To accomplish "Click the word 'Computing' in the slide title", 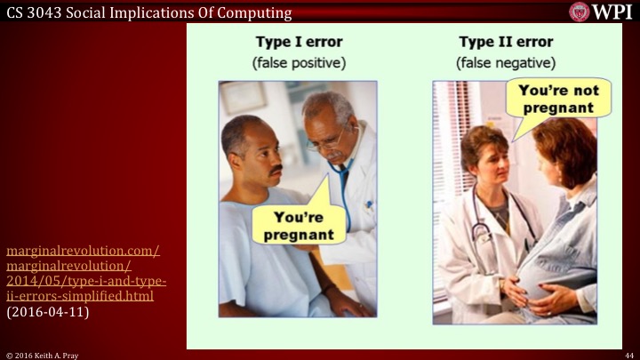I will [258, 11].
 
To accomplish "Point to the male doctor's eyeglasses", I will [328, 138].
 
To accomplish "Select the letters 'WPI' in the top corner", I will [613, 12].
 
